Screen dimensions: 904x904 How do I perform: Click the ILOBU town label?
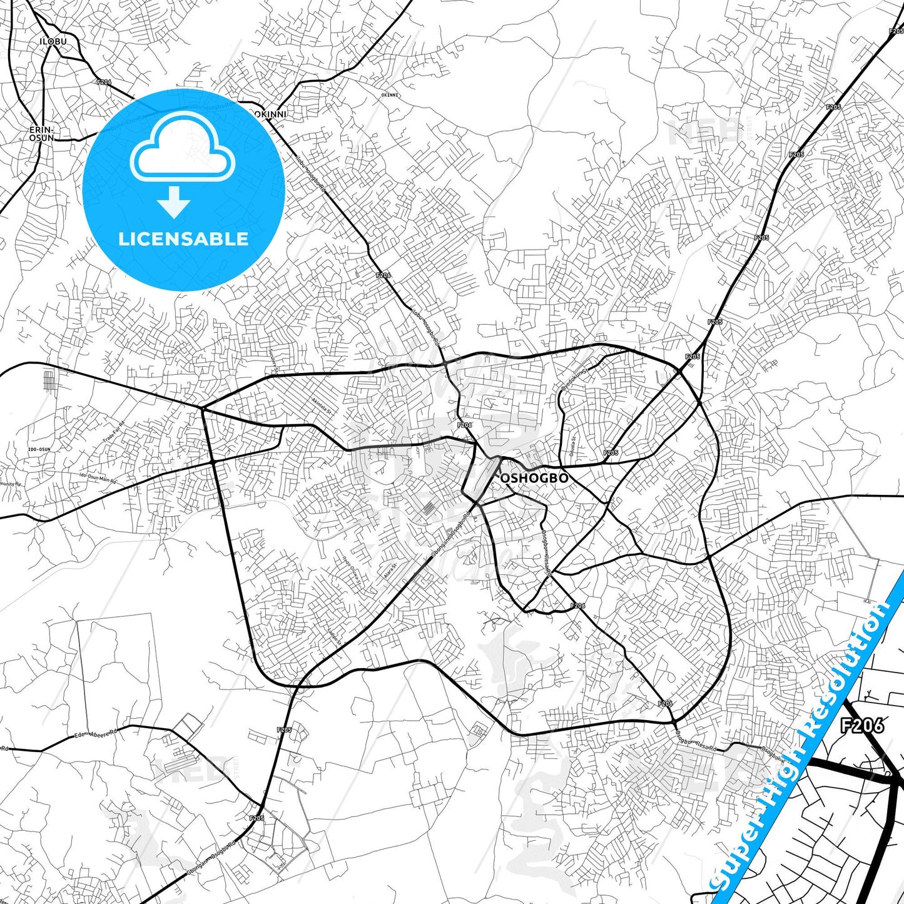(x=53, y=41)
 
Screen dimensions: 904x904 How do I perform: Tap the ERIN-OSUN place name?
(x=41, y=133)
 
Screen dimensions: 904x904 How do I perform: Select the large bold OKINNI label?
(x=270, y=114)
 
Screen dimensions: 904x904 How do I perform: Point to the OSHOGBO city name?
(x=535, y=479)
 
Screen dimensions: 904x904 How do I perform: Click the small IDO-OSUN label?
(x=39, y=449)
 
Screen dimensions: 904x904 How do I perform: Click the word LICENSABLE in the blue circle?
(x=183, y=239)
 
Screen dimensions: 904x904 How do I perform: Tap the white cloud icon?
(x=182, y=146)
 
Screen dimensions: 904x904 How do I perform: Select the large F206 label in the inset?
(x=862, y=725)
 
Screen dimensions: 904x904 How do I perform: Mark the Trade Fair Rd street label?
(x=114, y=432)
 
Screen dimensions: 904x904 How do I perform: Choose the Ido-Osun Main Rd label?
(x=98, y=480)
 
